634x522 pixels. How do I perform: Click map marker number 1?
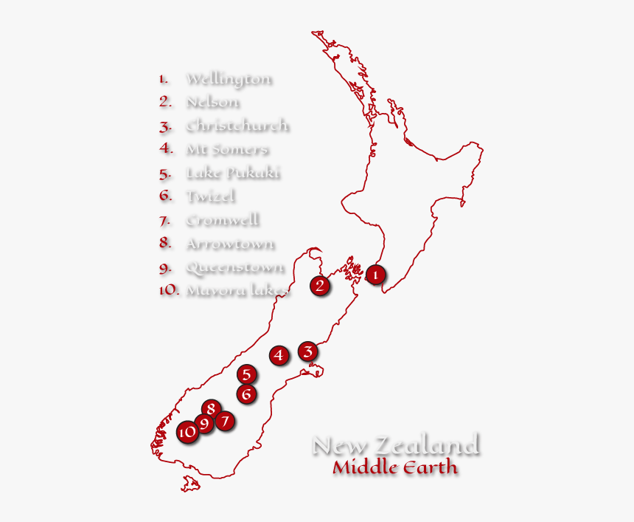(x=375, y=275)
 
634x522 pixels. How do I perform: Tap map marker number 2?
(x=319, y=285)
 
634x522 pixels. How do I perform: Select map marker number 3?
(x=308, y=351)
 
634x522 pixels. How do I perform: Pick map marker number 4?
(x=278, y=355)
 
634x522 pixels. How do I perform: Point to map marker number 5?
(x=247, y=374)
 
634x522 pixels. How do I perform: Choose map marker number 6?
(x=247, y=394)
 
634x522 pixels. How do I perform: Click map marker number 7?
(x=226, y=421)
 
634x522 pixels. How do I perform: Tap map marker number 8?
(x=211, y=408)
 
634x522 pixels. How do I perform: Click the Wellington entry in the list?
(x=229, y=78)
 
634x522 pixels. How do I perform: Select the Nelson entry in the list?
(x=212, y=102)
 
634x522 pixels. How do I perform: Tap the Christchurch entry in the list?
(x=237, y=126)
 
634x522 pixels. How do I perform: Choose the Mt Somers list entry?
(x=226, y=149)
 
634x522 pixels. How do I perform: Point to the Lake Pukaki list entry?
(x=233, y=173)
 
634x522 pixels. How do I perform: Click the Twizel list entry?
(x=210, y=196)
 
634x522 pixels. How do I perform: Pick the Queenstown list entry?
(x=234, y=267)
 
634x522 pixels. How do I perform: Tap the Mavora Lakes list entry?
(x=237, y=290)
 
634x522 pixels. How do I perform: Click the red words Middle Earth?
(x=394, y=467)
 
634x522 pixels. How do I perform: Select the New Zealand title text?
(x=396, y=445)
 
